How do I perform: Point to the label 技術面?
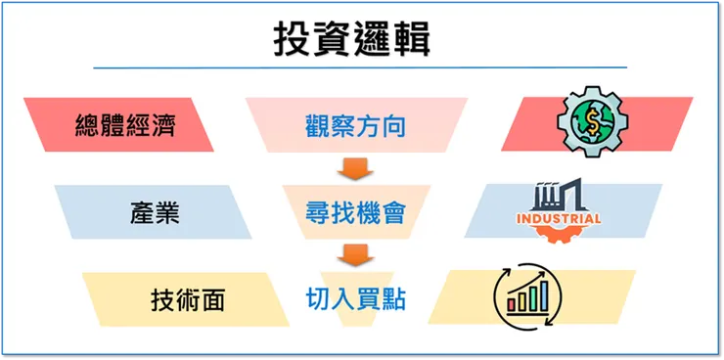coord(188,299)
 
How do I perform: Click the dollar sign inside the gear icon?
coord(593,120)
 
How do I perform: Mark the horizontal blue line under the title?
coord(360,67)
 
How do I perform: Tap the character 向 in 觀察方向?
coord(391,126)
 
